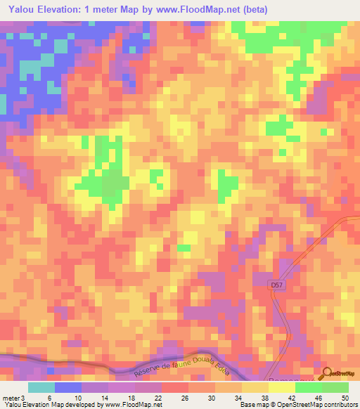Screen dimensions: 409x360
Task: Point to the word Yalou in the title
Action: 24,9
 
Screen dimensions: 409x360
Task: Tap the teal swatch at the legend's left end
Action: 41,387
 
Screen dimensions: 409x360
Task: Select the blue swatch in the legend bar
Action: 68,387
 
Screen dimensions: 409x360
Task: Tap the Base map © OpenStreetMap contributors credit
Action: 299,405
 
